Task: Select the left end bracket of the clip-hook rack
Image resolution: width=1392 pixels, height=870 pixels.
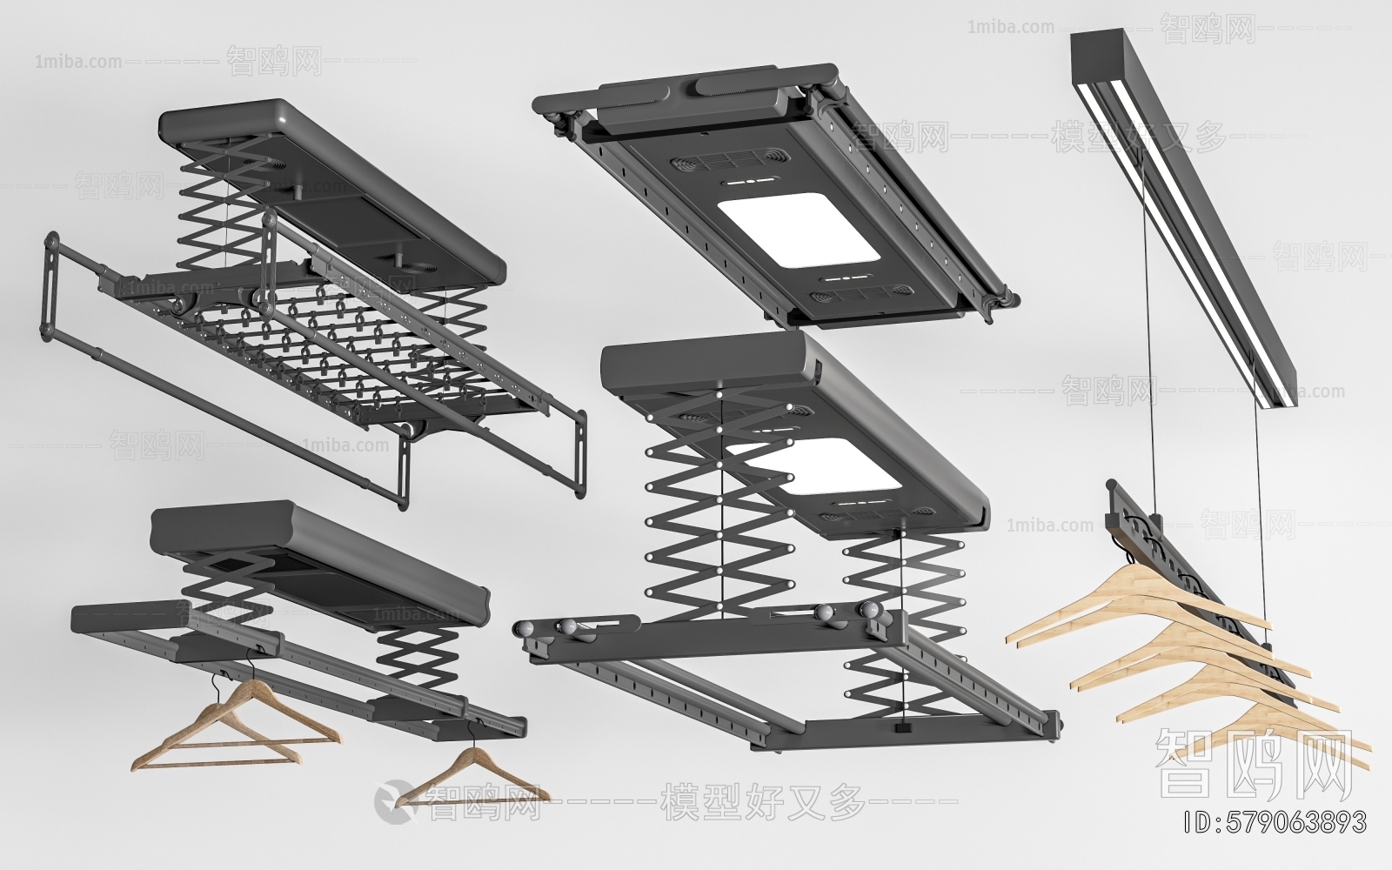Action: [49, 283]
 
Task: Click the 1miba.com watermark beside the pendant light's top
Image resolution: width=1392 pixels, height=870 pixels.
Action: [1009, 27]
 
